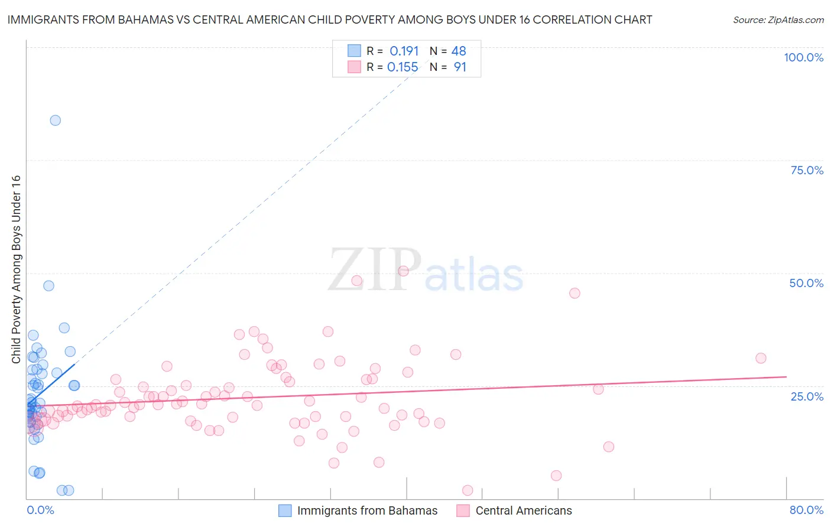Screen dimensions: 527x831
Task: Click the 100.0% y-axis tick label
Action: click(803, 57)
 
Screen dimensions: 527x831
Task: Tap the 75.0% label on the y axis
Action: click(807, 170)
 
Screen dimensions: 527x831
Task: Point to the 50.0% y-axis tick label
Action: click(806, 283)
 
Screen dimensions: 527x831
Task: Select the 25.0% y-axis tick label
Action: click(807, 396)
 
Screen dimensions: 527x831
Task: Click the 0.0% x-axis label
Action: click(40, 510)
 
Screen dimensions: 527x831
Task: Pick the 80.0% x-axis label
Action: click(806, 510)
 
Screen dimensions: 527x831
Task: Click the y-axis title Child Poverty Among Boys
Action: click(16, 269)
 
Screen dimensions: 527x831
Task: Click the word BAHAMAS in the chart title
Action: click(144, 19)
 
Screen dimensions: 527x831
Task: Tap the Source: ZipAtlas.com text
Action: click(778, 20)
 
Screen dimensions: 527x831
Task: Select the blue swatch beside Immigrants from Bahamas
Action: click(285, 510)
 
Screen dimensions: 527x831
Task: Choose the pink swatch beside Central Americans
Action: click(463, 510)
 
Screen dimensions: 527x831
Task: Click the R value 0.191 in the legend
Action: click(404, 51)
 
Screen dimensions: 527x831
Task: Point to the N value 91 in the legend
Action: click(460, 67)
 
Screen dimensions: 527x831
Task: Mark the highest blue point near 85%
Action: click(55, 121)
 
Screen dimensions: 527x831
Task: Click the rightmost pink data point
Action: click(761, 358)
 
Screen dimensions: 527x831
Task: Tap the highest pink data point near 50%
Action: click(403, 271)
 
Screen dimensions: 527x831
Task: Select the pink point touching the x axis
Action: click(468, 490)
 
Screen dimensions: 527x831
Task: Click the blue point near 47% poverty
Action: click(48, 286)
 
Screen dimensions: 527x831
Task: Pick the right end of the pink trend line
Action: click(786, 376)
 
